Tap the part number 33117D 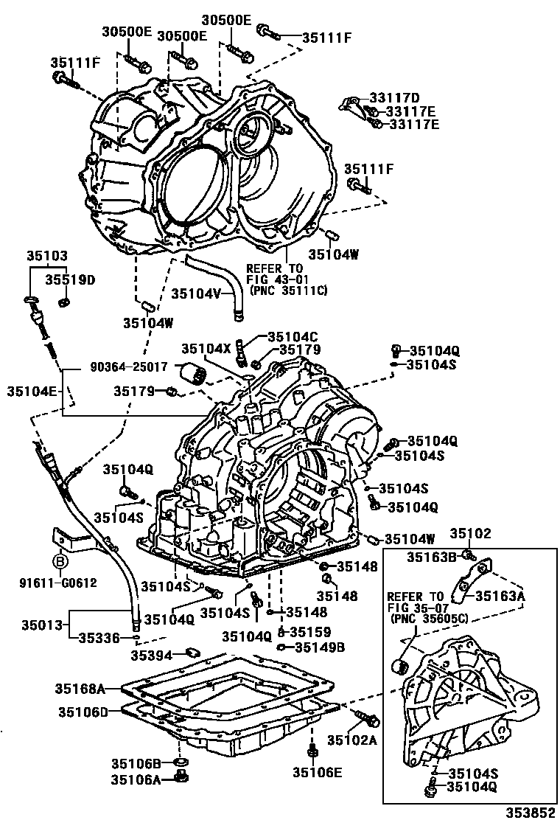tap(393, 98)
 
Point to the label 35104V tap(197, 293)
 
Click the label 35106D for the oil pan tap(83, 712)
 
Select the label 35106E tap(318, 772)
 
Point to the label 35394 tap(152, 654)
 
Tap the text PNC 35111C tap(287, 291)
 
